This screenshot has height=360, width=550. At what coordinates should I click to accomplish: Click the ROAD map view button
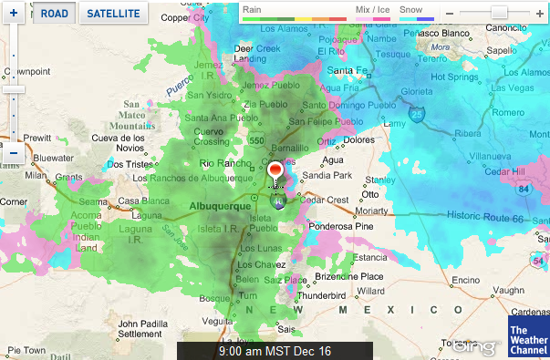(x=55, y=14)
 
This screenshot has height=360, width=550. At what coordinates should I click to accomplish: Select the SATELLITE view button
(x=115, y=14)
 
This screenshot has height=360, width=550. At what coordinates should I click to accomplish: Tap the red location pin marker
(x=277, y=171)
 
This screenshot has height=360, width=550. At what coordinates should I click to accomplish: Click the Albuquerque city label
(x=218, y=207)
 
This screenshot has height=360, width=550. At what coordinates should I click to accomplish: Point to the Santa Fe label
(x=349, y=70)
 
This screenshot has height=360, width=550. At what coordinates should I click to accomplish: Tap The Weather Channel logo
(x=528, y=338)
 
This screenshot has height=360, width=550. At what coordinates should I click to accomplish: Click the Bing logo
(x=475, y=347)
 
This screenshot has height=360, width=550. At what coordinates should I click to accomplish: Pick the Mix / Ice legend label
(x=372, y=8)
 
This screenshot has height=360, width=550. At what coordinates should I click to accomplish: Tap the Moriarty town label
(x=375, y=210)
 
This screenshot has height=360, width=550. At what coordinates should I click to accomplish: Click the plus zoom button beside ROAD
(x=14, y=14)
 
